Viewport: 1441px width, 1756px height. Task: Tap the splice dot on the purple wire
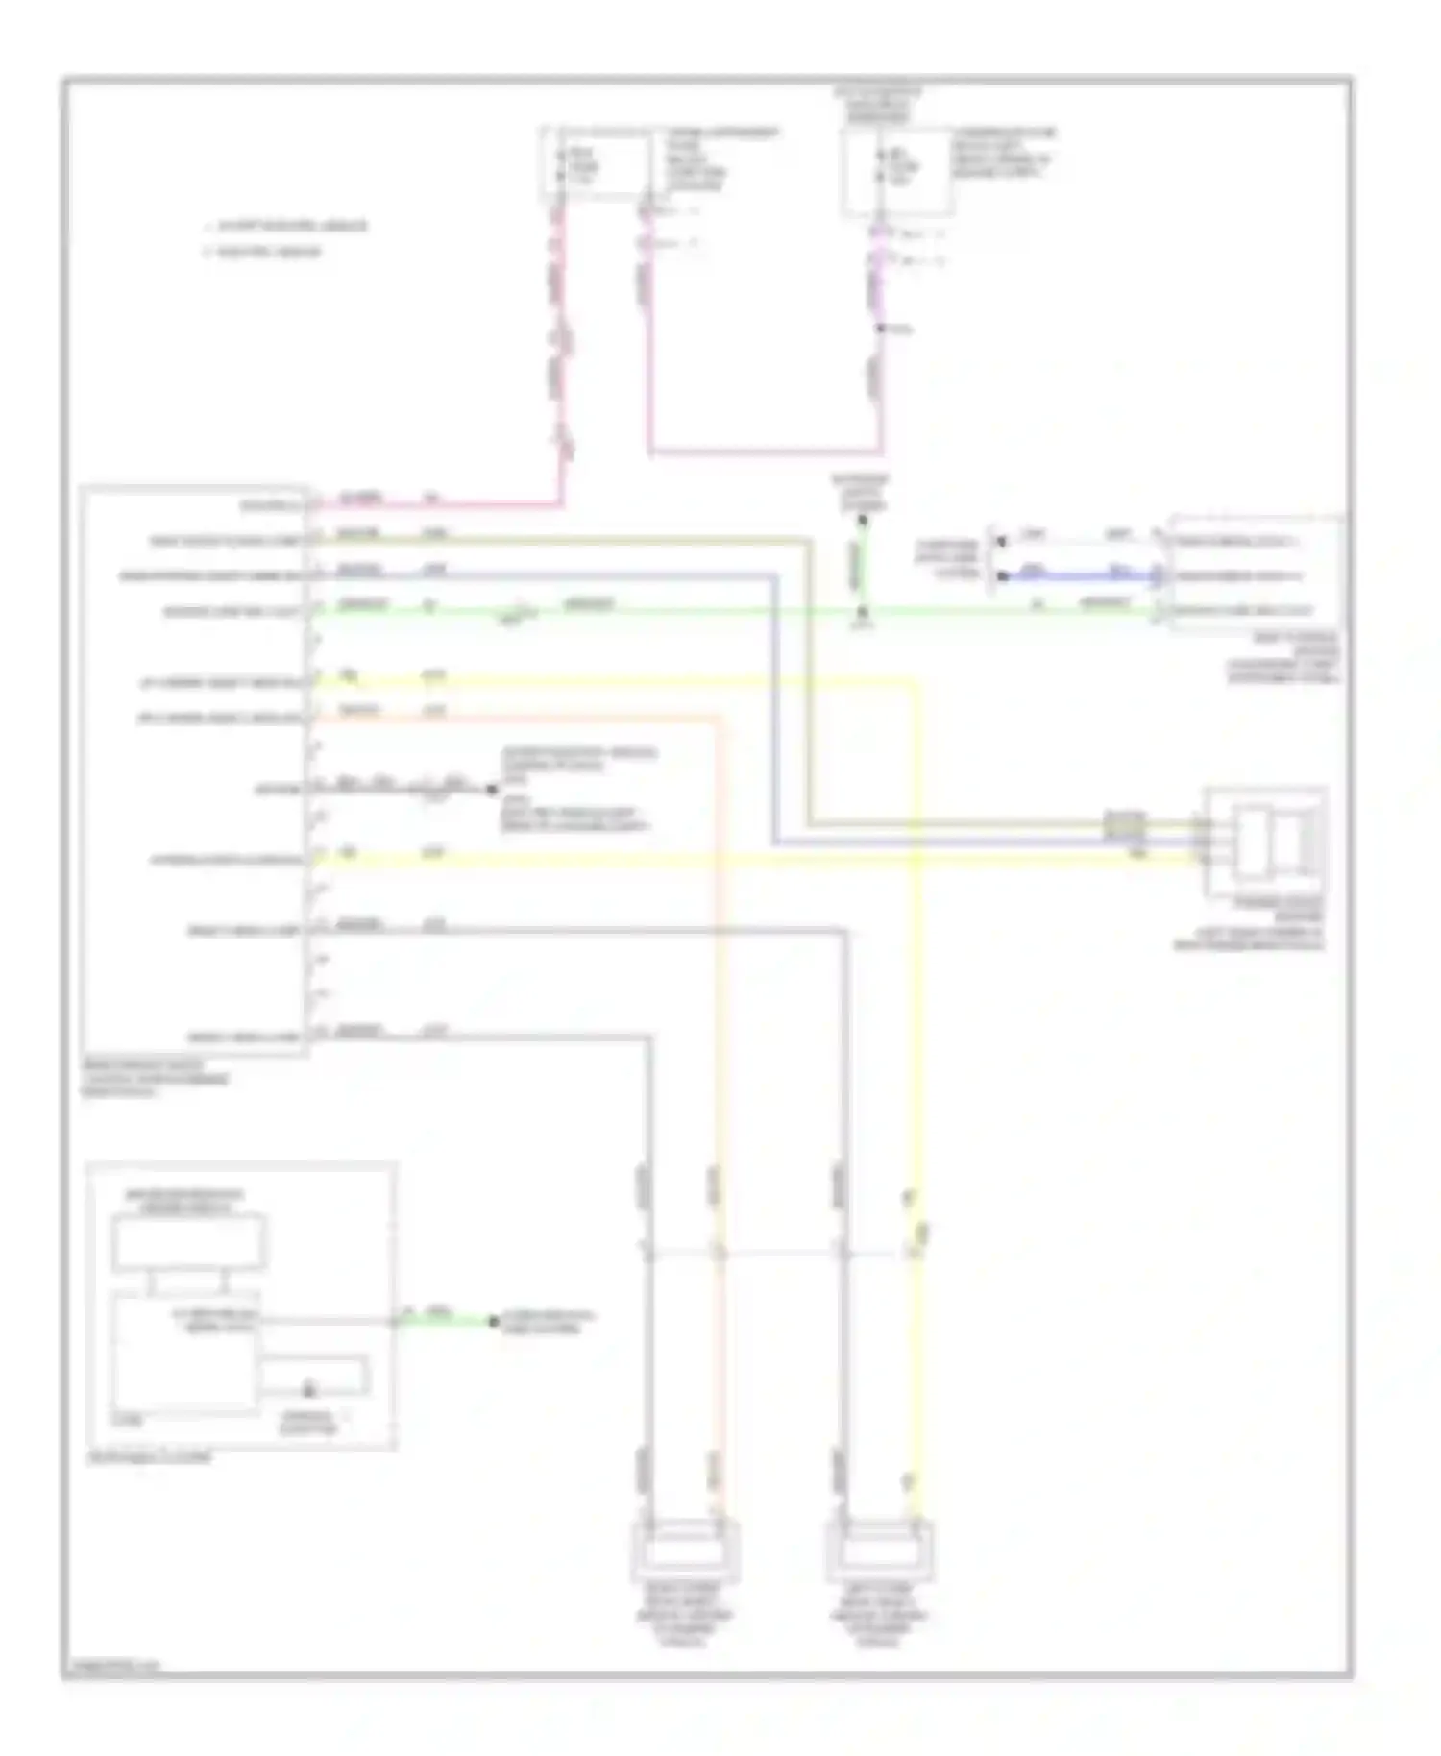tap(879, 329)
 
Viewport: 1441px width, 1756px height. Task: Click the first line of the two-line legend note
tap(285, 227)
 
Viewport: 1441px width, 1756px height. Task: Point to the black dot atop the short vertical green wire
tap(863, 521)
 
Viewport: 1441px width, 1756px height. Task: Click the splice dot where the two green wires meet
tap(863, 611)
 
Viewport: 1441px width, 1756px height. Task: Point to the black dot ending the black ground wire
tap(493, 790)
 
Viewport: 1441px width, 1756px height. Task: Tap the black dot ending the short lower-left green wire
tap(493, 1322)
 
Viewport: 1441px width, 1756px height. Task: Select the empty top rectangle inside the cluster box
tap(188, 1242)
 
